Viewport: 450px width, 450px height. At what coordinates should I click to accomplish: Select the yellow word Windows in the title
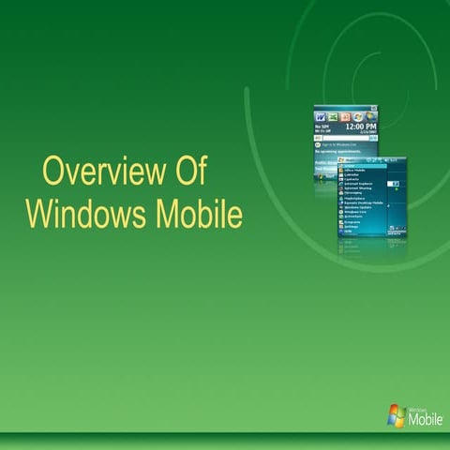point(80,214)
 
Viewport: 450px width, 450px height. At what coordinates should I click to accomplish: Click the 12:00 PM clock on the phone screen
point(361,126)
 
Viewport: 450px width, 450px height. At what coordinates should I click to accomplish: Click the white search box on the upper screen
point(345,137)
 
